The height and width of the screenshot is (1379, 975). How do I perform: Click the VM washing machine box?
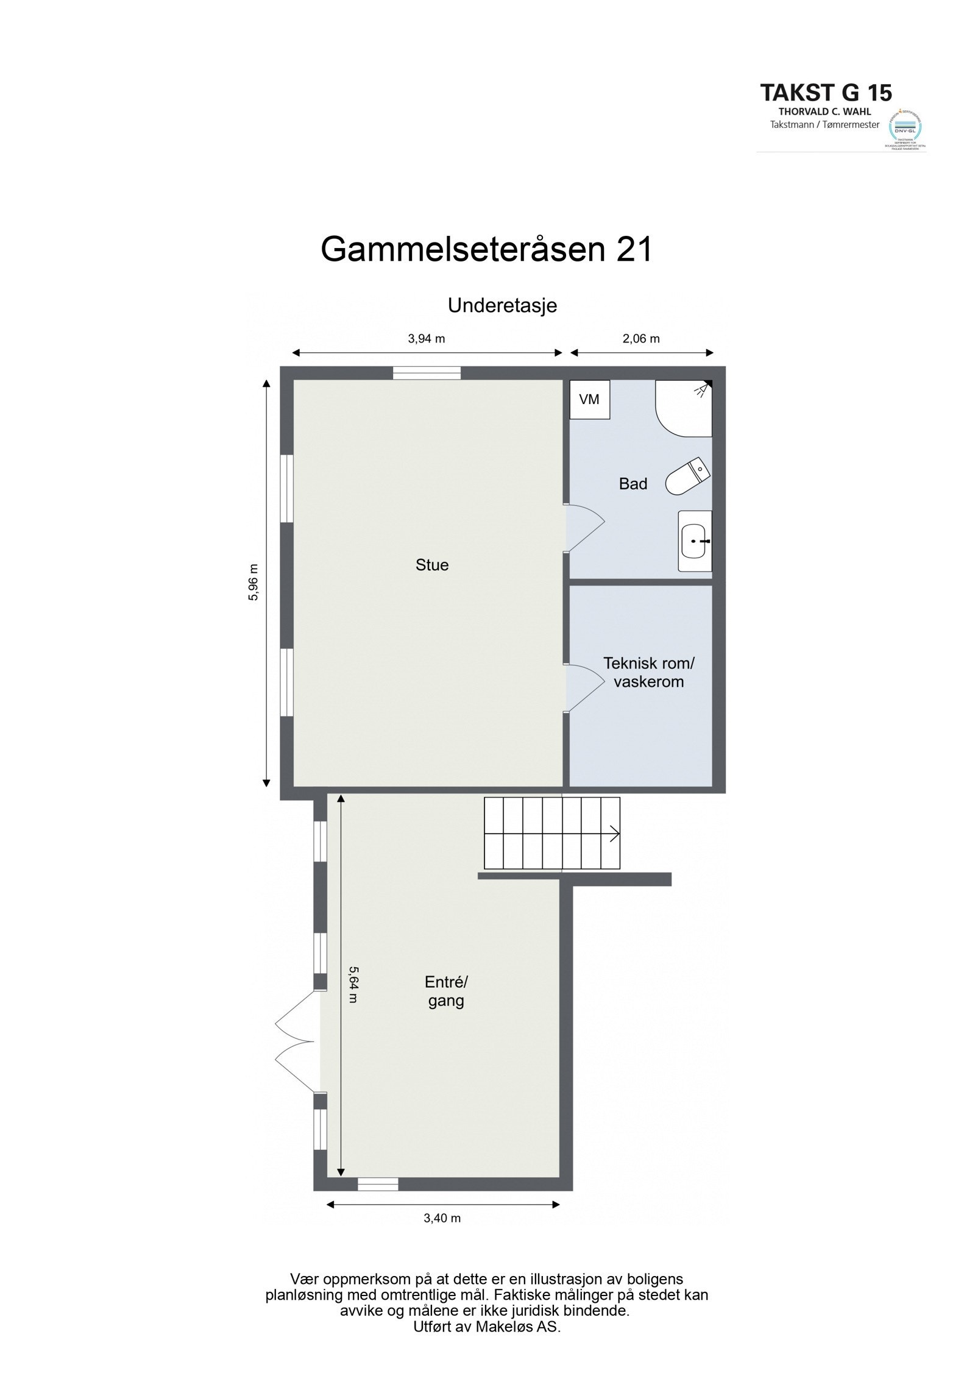pos(589,400)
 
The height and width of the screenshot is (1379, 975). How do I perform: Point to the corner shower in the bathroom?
pos(685,407)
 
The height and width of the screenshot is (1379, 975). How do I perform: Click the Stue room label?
pos(432,565)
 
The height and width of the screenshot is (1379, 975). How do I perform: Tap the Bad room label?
pos(633,484)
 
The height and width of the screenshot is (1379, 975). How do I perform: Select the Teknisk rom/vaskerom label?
pos(648,672)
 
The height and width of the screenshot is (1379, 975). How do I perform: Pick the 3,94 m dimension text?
pos(427,339)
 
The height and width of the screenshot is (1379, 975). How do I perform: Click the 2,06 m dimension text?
pos(641,339)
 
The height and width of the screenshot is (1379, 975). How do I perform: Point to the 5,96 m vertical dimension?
pos(253,582)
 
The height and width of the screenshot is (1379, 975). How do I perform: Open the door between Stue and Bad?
pos(584,528)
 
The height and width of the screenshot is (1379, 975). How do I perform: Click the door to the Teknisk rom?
pos(584,687)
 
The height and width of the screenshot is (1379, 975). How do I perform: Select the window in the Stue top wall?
pos(427,373)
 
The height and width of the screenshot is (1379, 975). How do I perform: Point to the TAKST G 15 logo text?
pos(826,93)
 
